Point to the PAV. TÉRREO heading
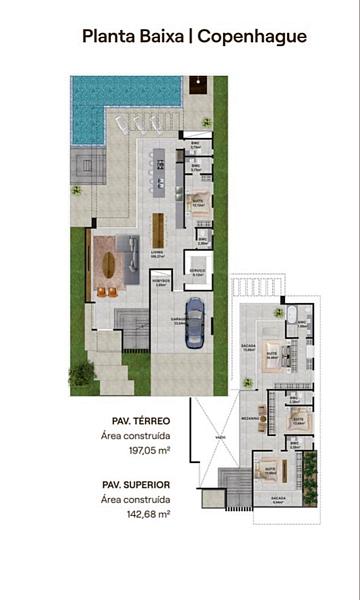pyautogui.click(x=128, y=420)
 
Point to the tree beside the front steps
pyautogui.click(x=82, y=374)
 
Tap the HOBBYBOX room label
pyautogui.click(x=162, y=281)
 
